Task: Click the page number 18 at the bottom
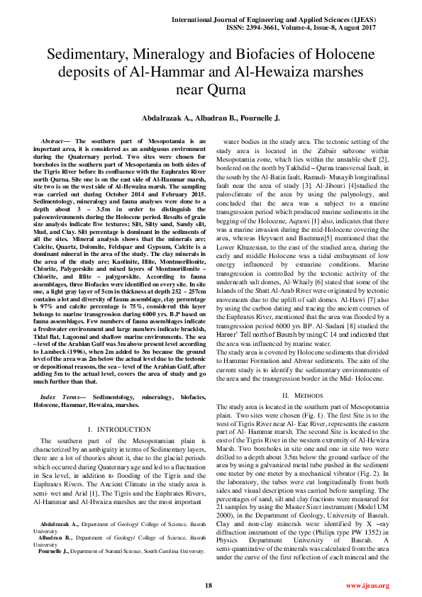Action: (x=209, y=584)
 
